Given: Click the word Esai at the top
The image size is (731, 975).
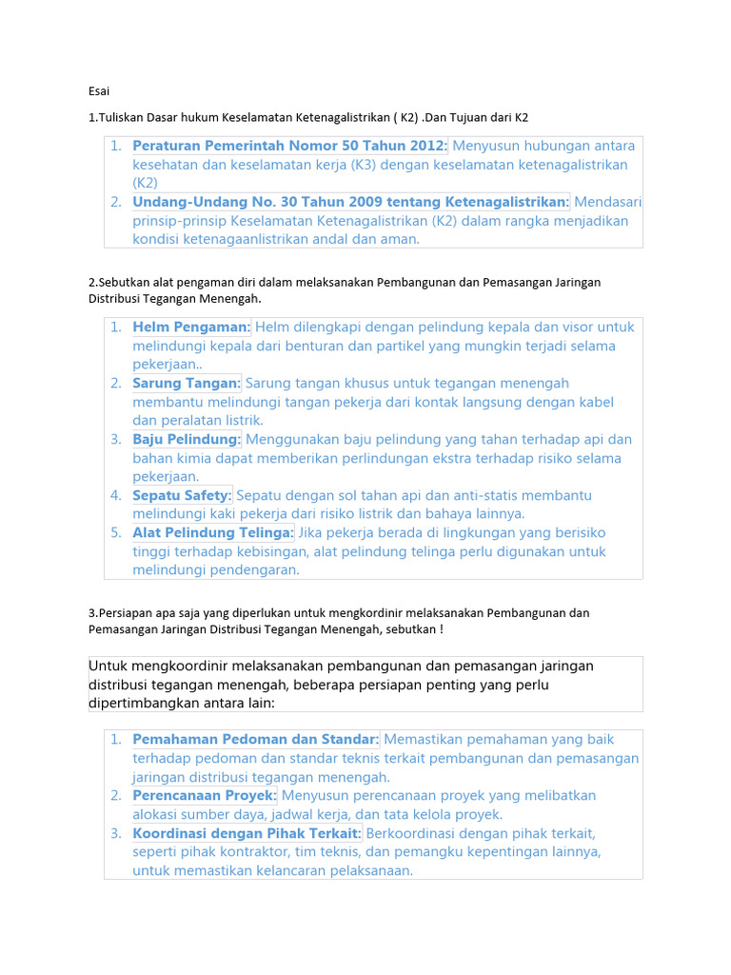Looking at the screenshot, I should point(99,91).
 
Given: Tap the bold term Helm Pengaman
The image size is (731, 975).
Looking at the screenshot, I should point(191,327).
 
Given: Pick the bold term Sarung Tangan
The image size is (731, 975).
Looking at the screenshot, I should point(187,383).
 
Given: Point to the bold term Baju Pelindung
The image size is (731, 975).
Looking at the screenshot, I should point(187,439).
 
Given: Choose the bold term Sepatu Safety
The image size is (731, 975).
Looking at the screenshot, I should point(183,495).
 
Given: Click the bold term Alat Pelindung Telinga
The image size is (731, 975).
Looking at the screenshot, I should point(213,532).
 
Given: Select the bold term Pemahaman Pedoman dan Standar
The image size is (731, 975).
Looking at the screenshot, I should point(256,739).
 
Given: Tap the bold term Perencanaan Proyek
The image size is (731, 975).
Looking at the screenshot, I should point(205,795).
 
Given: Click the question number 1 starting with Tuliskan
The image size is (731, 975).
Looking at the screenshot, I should point(90,117).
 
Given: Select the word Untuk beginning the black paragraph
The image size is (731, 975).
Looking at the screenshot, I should point(107,666).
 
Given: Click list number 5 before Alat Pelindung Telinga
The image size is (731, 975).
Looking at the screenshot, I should point(114,532).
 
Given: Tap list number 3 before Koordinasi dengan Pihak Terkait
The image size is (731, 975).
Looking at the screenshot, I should point(114,832).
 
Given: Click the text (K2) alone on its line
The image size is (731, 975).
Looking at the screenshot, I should point(146,183).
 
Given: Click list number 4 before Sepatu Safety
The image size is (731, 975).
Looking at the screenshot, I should point(114,495).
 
